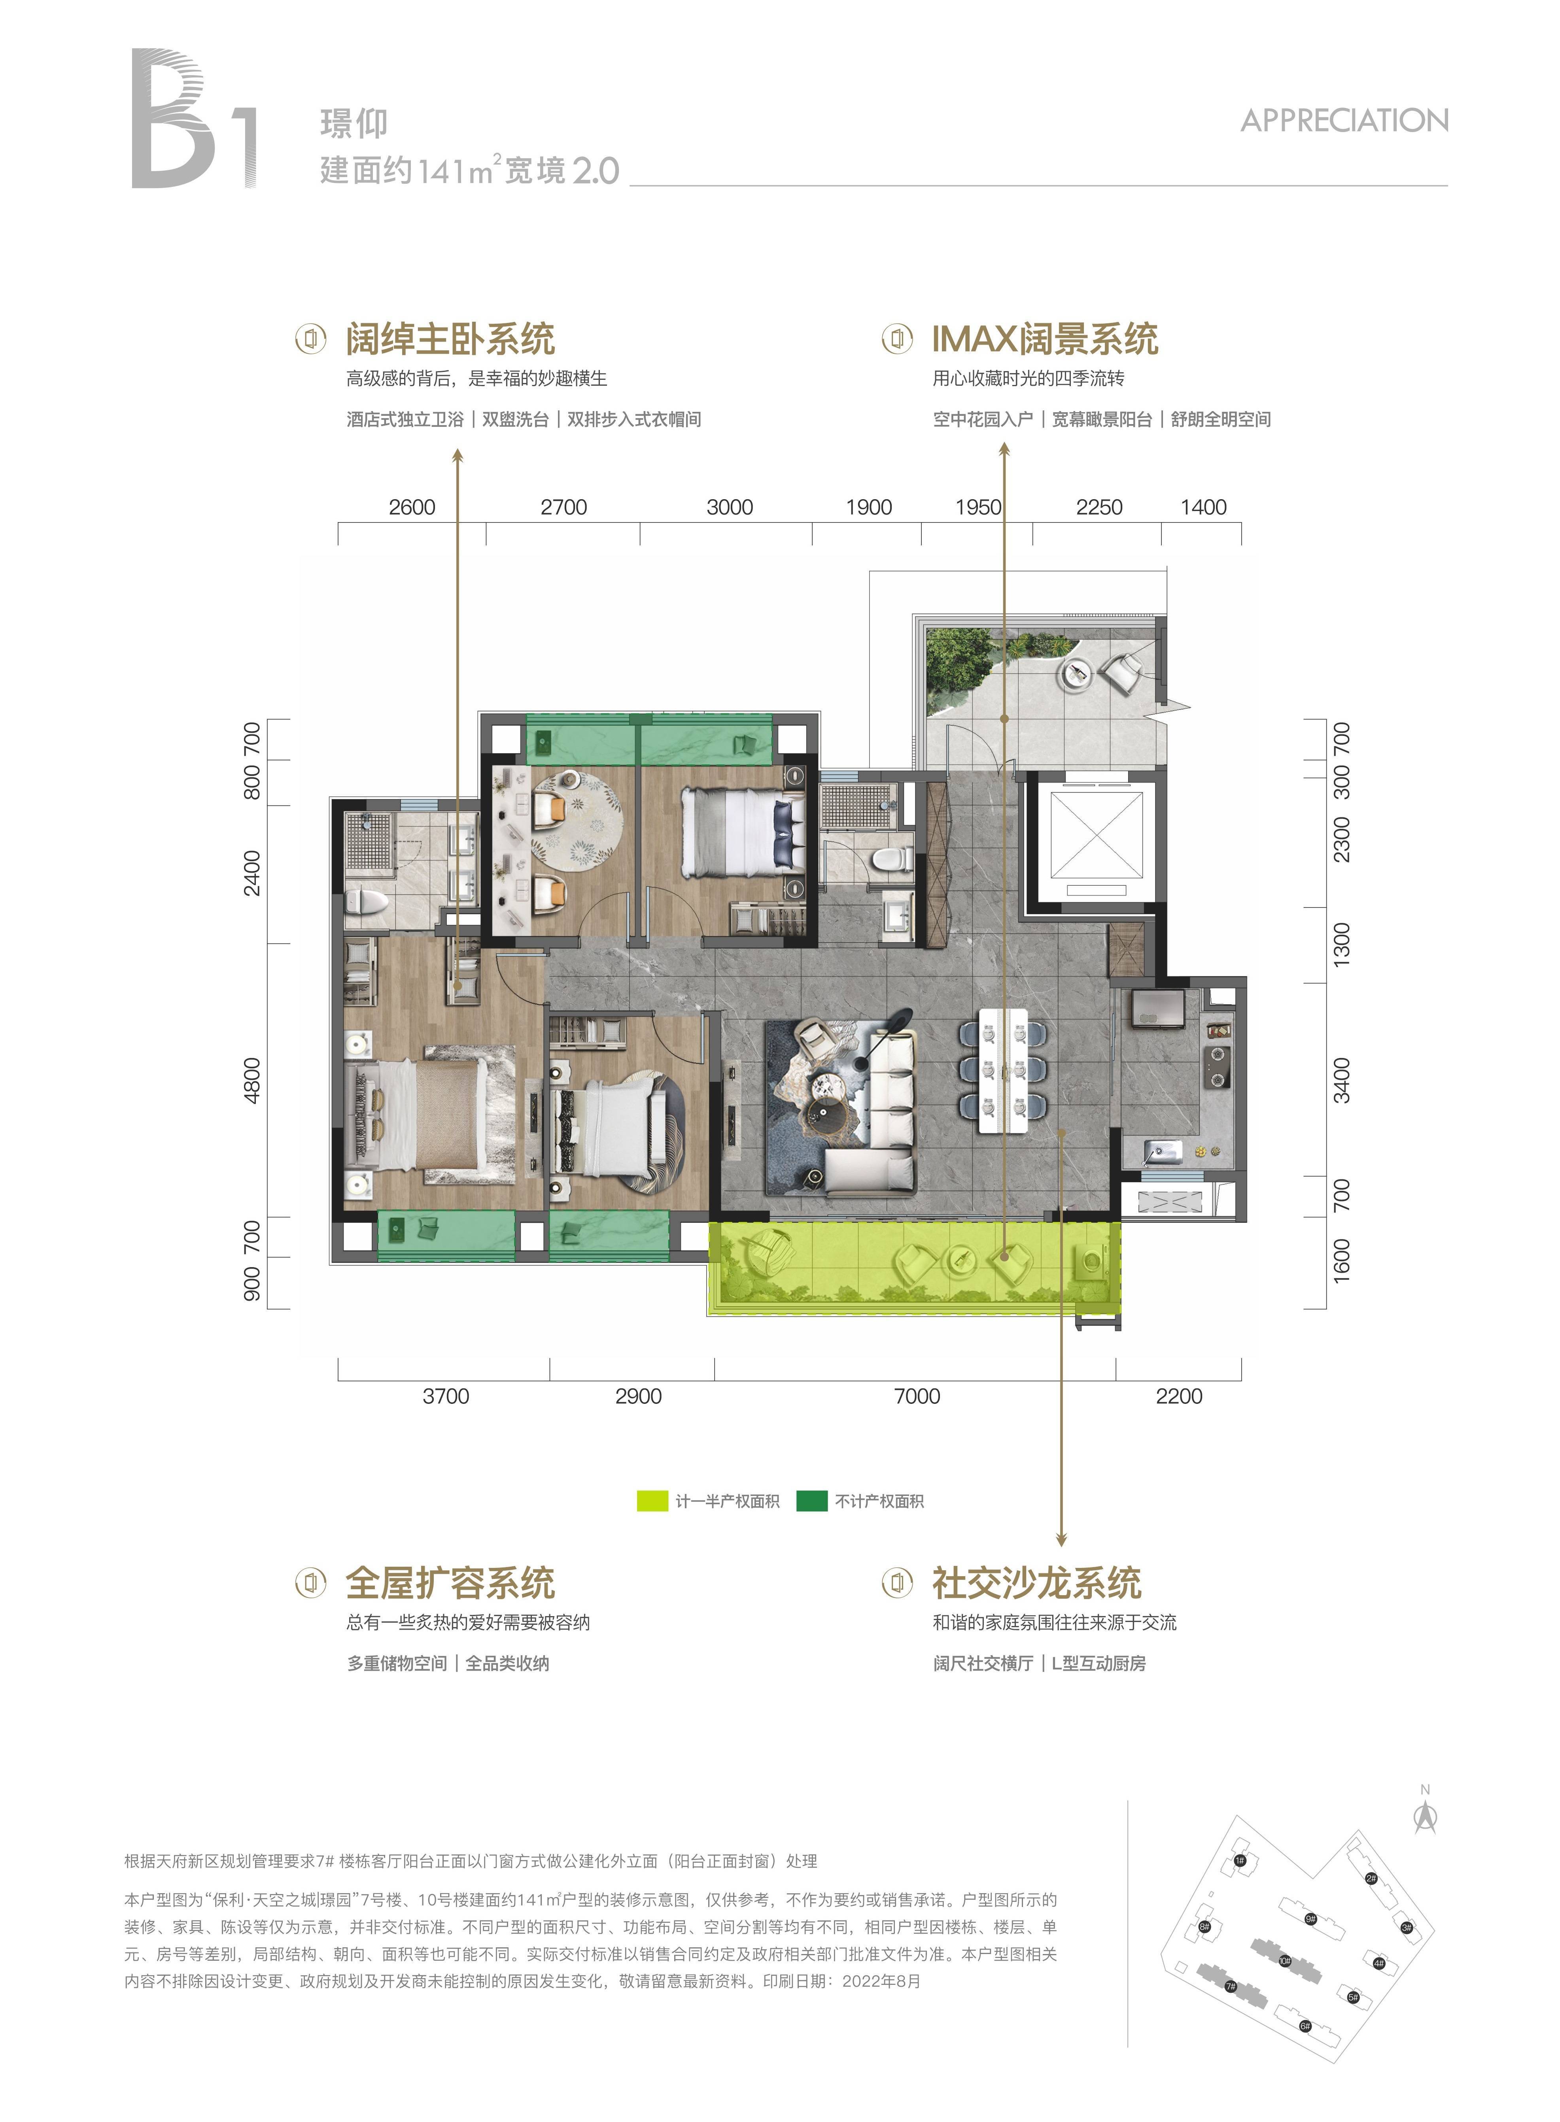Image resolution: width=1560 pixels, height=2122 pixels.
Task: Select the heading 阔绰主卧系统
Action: coord(450,339)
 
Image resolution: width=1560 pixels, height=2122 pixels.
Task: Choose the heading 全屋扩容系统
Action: coord(450,1583)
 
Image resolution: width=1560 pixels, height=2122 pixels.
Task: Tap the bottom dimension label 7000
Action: coord(917,1396)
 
